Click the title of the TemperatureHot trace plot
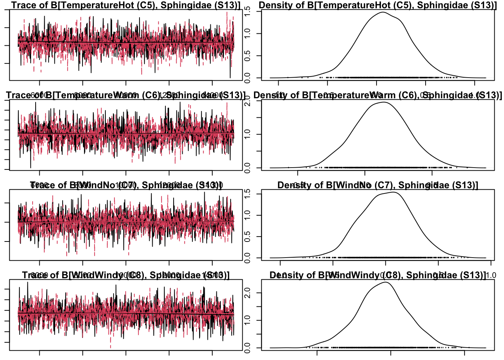[x=126, y=5]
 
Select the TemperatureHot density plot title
[x=378, y=5]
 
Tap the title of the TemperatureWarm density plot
[x=378, y=95]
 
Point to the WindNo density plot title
[x=378, y=185]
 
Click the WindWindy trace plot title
[x=126, y=275]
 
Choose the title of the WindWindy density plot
[x=378, y=275]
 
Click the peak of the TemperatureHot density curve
[x=382, y=12]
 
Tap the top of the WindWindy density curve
[x=385, y=282]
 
